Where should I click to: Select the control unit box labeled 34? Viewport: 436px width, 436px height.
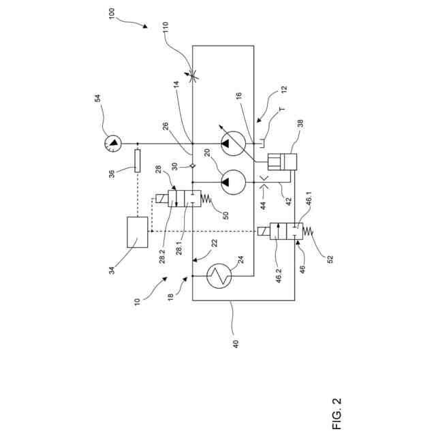[137, 232]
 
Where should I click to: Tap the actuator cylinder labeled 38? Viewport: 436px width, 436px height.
[281, 161]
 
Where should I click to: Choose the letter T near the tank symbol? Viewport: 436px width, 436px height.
[280, 109]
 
